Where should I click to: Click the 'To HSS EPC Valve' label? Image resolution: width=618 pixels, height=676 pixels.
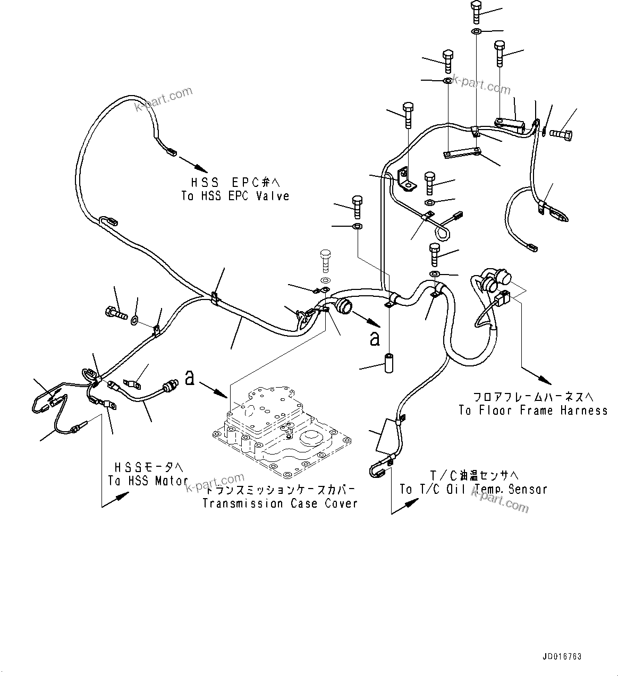coord(235,196)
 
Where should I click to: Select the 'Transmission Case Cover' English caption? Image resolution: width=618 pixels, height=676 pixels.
coord(280,503)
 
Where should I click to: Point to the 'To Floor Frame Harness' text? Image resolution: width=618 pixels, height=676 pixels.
coord(533,410)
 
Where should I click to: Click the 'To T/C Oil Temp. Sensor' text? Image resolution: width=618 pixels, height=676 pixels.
coord(473,489)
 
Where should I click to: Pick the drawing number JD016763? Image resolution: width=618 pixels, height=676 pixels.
coord(562,657)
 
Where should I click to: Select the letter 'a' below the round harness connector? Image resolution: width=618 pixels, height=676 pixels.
coord(375,339)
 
